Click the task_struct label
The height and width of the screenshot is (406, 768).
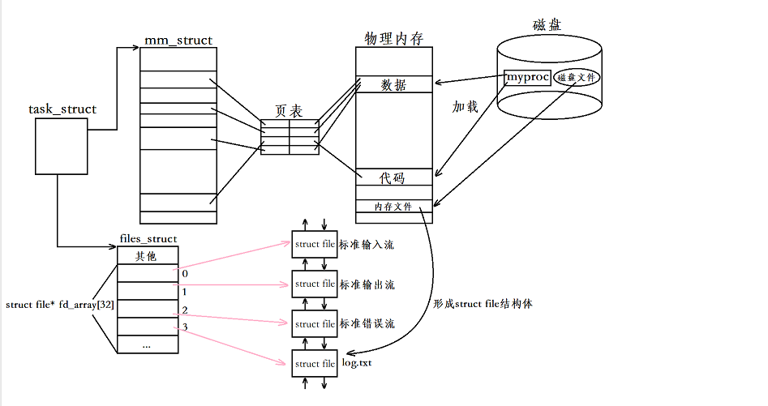[x=62, y=109]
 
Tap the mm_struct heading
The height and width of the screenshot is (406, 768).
[x=178, y=40]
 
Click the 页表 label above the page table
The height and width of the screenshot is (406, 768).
[x=290, y=110]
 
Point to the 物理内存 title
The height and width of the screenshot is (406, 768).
[x=393, y=39]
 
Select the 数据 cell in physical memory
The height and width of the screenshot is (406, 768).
[x=393, y=85]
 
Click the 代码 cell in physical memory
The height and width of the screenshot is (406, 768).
[x=393, y=178]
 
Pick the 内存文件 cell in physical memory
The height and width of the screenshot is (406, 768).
[x=393, y=207]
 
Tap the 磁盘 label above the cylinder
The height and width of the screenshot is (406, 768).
[x=548, y=25]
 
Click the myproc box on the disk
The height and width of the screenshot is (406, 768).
[x=527, y=78]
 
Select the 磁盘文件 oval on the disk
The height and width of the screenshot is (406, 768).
[x=577, y=79]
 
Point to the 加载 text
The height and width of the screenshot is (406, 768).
[x=465, y=106]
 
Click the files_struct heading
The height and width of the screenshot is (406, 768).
[x=148, y=239]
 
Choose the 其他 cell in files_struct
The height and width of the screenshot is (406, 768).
[x=147, y=256]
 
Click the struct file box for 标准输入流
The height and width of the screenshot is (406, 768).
[x=315, y=245]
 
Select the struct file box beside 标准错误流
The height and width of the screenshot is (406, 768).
[x=315, y=324]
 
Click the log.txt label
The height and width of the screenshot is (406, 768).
[x=357, y=364]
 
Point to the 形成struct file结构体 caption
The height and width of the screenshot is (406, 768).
[x=483, y=304]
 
